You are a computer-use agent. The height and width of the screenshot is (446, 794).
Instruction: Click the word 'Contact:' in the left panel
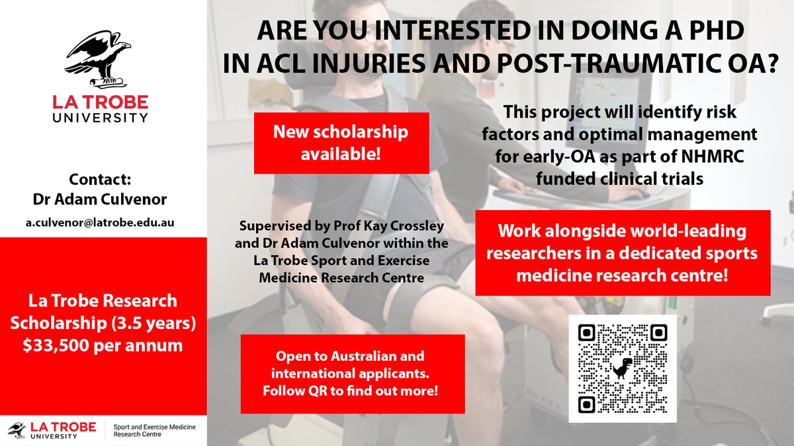click(x=103, y=179)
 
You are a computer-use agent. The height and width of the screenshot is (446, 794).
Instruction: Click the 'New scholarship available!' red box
click(x=341, y=143)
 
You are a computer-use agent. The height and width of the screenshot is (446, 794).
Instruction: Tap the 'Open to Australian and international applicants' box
click(x=352, y=374)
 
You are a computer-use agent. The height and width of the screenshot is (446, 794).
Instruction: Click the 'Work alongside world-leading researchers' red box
click(x=623, y=252)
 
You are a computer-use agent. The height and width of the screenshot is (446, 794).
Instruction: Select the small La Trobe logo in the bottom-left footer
click(x=52, y=429)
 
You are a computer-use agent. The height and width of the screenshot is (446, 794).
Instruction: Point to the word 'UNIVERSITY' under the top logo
click(x=101, y=118)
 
